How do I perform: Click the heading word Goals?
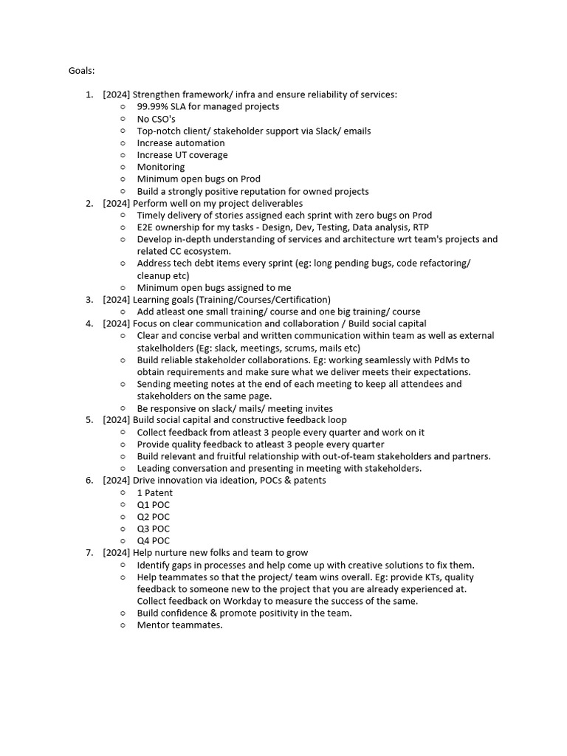[81, 71]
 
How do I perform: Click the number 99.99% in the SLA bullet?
[154, 106]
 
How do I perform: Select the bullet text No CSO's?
[156, 119]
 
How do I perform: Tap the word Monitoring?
[161, 167]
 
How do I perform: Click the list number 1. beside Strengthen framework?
[89, 94]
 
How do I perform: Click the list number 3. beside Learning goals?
[89, 300]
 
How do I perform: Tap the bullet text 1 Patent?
[155, 492]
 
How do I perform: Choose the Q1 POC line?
[153, 505]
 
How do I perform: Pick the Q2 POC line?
[153, 517]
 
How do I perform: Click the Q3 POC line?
[153, 529]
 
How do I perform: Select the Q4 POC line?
[153, 541]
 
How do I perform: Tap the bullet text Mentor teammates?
[179, 625]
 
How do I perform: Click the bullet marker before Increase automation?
[123, 143]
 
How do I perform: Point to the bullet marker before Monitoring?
[123, 167]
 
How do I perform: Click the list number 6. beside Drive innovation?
[89, 481]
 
